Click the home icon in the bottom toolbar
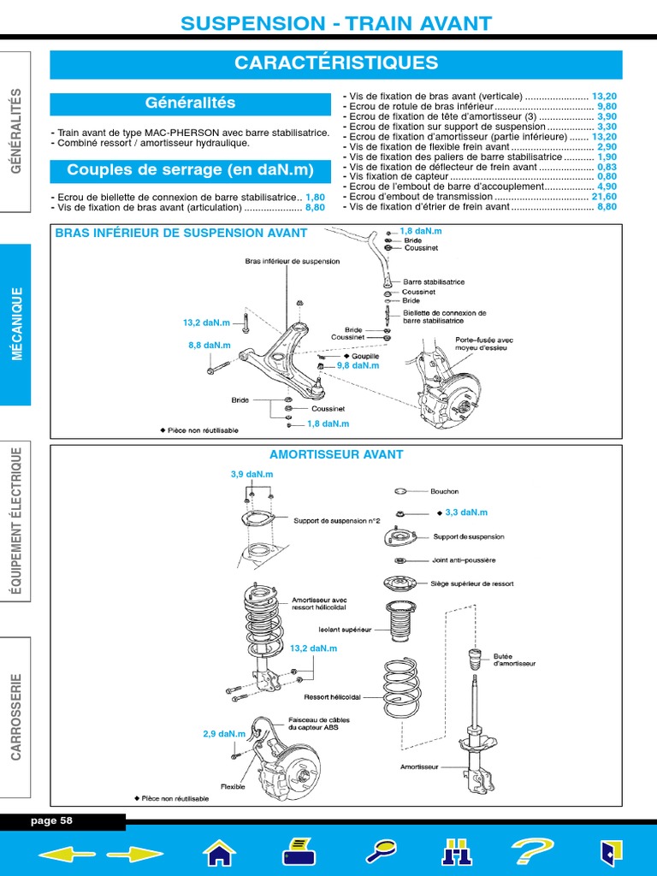point(219,852)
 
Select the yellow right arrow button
point(134,852)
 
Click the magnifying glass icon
point(380,851)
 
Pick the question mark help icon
point(531,851)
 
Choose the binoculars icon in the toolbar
point(456,852)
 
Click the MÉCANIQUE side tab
point(16,324)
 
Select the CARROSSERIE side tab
point(16,716)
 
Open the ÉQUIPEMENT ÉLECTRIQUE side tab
point(16,522)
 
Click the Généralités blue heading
point(190,104)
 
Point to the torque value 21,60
point(604,196)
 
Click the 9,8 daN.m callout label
point(358,365)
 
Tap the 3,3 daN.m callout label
point(466,512)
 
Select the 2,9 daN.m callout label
point(224,734)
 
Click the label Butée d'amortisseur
point(515,660)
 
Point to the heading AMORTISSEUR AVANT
point(336,454)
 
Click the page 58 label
point(51,820)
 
